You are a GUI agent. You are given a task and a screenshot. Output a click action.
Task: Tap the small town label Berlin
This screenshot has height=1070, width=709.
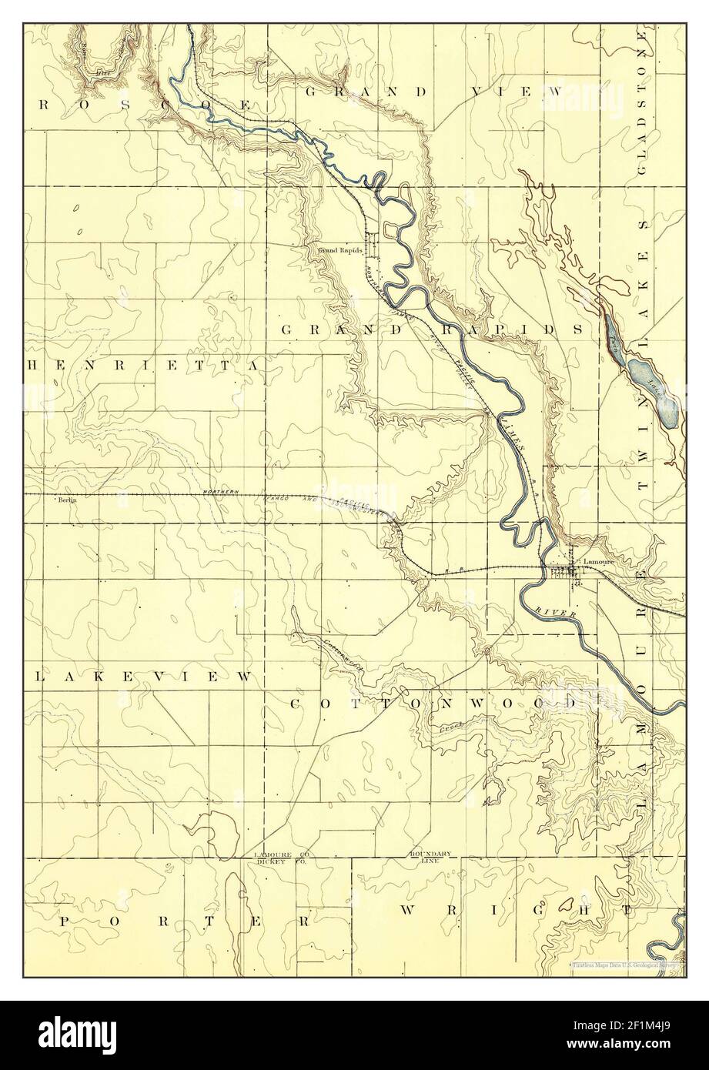point(68,500)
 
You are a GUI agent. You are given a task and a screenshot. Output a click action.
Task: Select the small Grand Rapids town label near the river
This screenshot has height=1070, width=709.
point(339,251)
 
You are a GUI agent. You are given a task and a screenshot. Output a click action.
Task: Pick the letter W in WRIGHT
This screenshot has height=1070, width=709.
point(409,910)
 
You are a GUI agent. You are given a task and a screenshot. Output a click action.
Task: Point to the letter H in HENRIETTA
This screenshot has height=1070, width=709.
point(32,365)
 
